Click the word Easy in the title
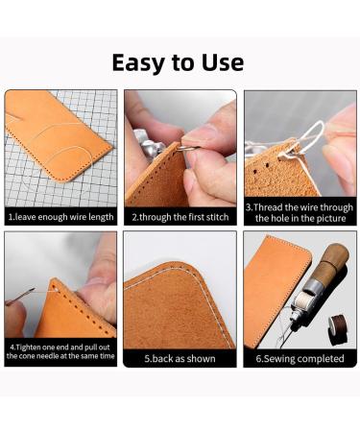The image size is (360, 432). click(142, 62)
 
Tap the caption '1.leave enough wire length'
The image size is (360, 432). click(60, 217)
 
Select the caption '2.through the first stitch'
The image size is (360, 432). click(180, 217)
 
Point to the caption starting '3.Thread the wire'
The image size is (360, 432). click(300, 212)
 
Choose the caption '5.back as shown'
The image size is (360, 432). click(180, 358)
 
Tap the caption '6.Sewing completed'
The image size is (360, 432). click(300, 358)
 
